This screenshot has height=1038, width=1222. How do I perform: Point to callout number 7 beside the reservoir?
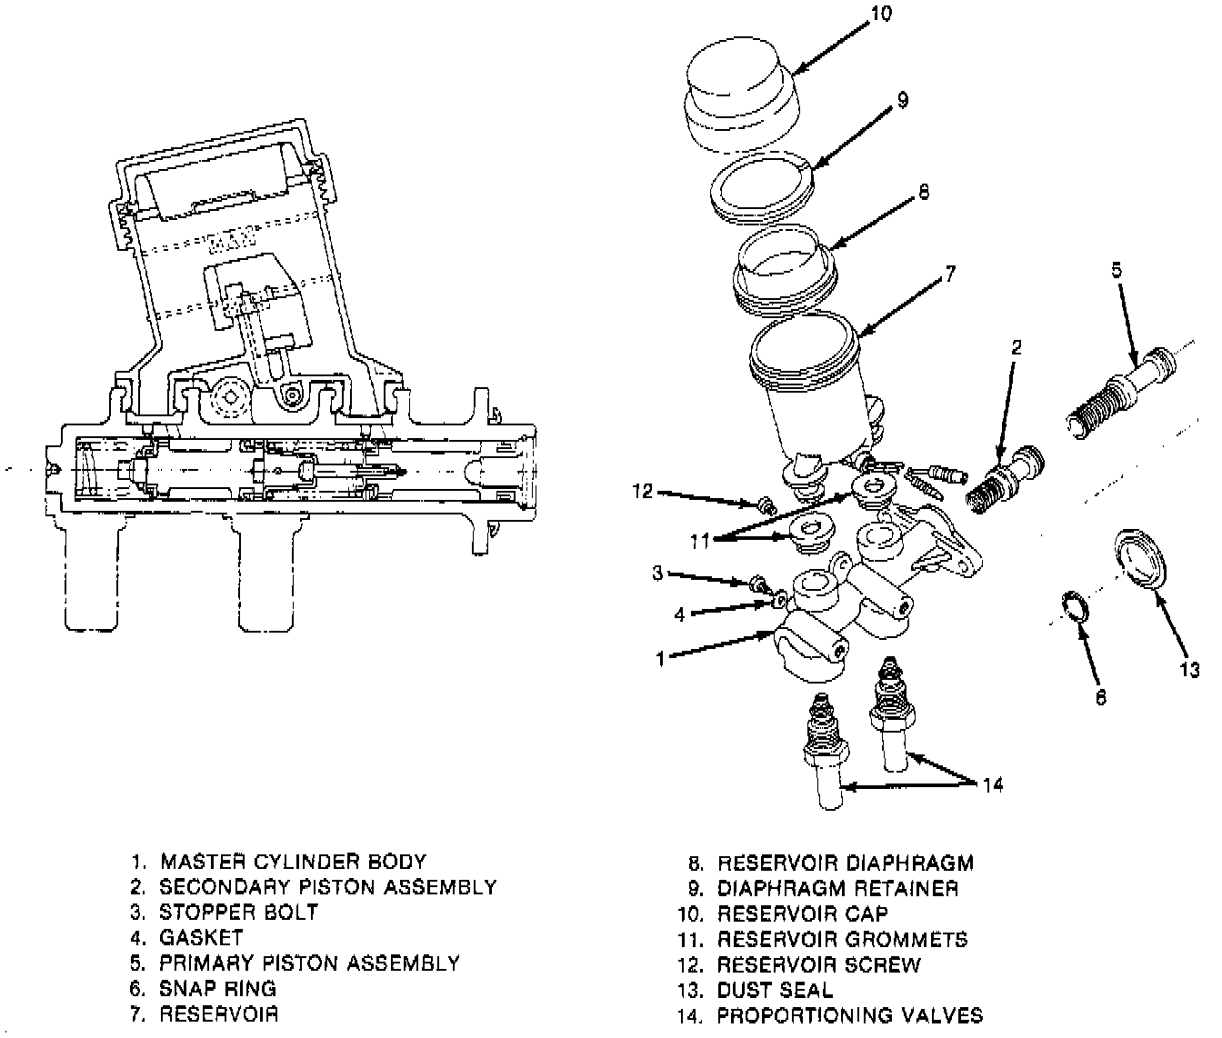coord(949,273)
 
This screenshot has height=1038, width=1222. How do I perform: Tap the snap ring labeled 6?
coord(1076,606)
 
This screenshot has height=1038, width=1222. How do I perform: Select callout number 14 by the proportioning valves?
coord(993,783)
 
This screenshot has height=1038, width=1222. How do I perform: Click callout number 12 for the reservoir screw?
coord(643,491)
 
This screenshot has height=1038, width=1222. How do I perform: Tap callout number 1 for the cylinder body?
coord(660,660)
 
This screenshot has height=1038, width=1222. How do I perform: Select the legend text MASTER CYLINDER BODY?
coord(293,861)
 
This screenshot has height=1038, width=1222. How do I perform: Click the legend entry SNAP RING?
coord(217,988)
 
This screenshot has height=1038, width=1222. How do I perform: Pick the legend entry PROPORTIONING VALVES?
coord(850,1015)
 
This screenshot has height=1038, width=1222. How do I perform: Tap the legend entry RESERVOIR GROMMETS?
coord(842,939)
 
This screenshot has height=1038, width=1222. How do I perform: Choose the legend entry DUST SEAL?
coord(775,990)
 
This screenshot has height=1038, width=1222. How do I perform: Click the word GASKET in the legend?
coord(201,937)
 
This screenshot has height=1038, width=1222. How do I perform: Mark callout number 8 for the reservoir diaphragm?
coord(924,193)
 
